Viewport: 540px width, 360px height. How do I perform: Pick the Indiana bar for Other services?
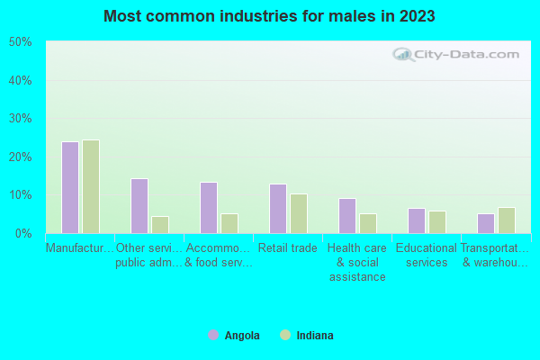pos(160,224)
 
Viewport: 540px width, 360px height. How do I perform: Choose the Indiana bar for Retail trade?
pos(299,213)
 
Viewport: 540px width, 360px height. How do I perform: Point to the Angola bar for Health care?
pos(347,215)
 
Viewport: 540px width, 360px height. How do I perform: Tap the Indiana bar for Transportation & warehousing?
pos(507,220)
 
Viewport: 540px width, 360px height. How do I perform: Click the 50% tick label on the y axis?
pos(21,42)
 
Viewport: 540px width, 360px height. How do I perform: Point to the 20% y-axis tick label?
pos(21,157)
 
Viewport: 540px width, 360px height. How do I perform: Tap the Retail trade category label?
pos(288,248)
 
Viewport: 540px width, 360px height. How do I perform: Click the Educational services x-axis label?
pos(427,256)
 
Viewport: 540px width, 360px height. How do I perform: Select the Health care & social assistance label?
pos(357,262)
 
